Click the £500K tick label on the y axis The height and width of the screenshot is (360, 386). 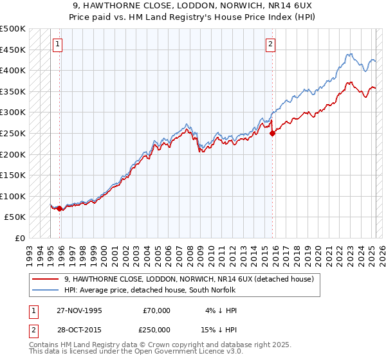[x=13, y=29]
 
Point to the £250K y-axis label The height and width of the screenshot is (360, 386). [x=13, y=133]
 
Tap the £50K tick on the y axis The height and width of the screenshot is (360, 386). [x=15, y=217]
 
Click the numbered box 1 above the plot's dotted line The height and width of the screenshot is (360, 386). [x=58, y=44]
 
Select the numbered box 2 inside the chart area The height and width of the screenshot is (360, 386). [x=270, y=44]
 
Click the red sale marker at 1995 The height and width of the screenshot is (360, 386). [x=60, y=209]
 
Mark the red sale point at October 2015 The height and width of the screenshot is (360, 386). [x=272, y=134]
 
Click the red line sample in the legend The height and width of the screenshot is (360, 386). [x=46, y=279]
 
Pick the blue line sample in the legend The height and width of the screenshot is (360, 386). [x=46, y=291]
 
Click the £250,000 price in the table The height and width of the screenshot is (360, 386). [x=156, y=329]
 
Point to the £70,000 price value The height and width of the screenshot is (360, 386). [x=156, y=310]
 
